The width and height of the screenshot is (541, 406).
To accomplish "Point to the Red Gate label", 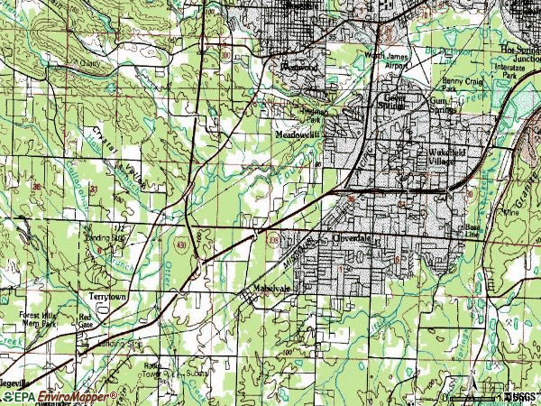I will pos(87,321).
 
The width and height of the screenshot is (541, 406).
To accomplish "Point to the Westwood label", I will pos(298,67).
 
